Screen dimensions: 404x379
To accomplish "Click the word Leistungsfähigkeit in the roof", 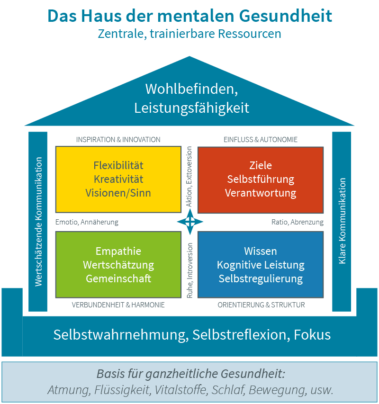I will pyautogui.click(x=191, y=108).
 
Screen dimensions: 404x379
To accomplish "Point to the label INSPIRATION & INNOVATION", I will pyautogui.click(x=118, y=140).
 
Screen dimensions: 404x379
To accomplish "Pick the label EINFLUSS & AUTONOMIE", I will pyautogui.click(x=261, y=140).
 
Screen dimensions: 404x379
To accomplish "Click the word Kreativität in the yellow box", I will pyautogui.click(x=118, y=180).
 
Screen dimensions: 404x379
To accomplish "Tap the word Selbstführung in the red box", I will pyautogui.click(x=261, y=180).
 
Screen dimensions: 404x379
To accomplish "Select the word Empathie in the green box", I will pyautogui.click(x=118, y=251).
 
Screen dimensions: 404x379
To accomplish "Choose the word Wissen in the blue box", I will pyautogui.click(x=261, y=251).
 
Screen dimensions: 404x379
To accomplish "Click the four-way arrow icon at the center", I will pyautogui.click(x=190, y=222).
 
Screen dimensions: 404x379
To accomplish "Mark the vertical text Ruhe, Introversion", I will pyautogui.click(x=189, y=270).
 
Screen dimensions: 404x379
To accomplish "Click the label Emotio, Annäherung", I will pyautogui.click(x=87, y=222).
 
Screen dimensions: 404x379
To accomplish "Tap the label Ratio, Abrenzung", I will pyautogui.click(x=298, y=222).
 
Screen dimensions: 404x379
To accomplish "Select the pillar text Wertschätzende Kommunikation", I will pyautogui.click(x=39, y=222).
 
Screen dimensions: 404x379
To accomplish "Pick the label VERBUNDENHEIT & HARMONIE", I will pyautogui.click(x=118, y=305).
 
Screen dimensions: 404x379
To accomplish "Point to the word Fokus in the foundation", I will pyautogui.click(x=312, y=335).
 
